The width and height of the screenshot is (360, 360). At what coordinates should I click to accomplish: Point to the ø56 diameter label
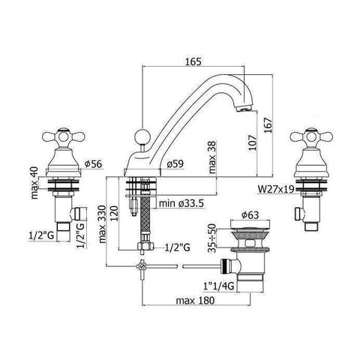point(94,163)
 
